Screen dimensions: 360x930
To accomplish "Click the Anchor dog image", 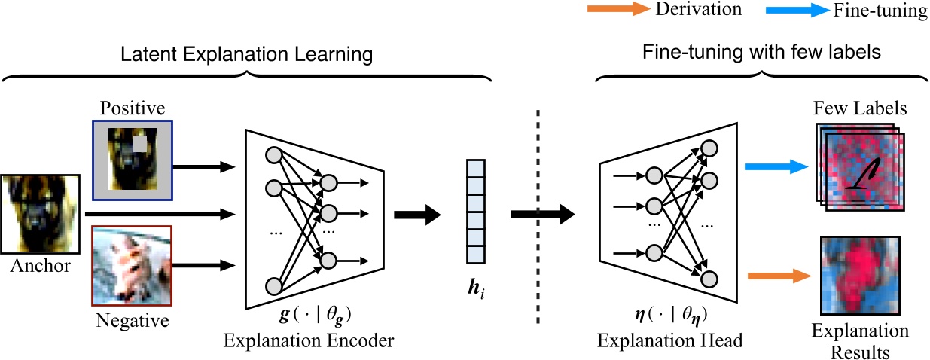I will click(40, 214).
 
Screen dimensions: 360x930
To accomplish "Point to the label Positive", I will click(131, 108).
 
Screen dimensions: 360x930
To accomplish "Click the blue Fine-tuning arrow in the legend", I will click(797, 10).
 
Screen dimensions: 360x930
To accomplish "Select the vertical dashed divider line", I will click(537, 218).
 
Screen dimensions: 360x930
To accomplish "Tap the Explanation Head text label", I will click(670, 340).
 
